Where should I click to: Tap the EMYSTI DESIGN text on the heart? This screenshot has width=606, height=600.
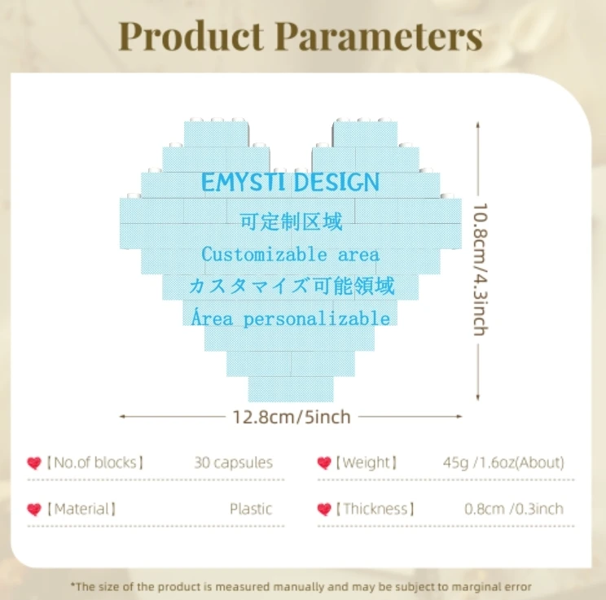pyautogui.click(x=291, y=182)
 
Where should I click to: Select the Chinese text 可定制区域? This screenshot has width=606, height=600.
pyautogui.click(x=291, y=221)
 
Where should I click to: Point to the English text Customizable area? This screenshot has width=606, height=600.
pyautogui.click(x=291, y=254)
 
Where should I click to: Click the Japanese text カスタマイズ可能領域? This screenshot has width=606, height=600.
pyautogui.click(x=291, y=286)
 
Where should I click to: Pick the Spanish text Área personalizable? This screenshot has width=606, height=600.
pyautogui.click(x=291, y=318)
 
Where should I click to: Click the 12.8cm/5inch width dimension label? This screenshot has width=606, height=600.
pyautogui.click(x=291, y=417)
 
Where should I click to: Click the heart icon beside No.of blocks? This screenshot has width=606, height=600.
pyautogui.click(x=34, y=463)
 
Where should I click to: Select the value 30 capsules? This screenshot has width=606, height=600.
pyautogui.click(x=233, y=462)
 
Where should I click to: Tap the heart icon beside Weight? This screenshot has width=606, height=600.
pyautogui.click(x=324, y=463)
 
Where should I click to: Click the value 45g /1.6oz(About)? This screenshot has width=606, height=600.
pyautogui.click(x=503, y=462)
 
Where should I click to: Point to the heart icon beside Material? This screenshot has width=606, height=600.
pyautogui.click(x=34, y=510)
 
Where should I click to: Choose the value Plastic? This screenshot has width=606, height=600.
pyautogui.click(x=250, y=509)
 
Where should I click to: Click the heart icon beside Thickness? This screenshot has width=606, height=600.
pyautogui.click(x=324, y=510)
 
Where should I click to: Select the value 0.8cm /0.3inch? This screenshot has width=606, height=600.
pyautogui.click(x=513, y=509)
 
